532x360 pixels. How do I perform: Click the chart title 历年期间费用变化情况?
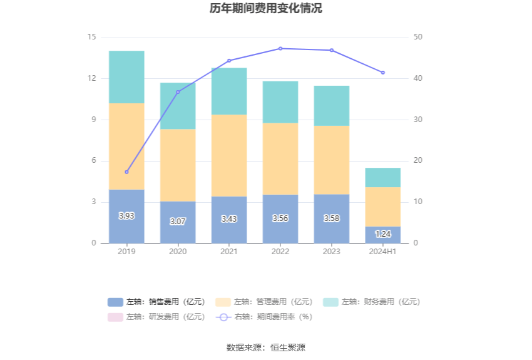[x=266, y=9]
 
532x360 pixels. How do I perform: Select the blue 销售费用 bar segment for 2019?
[x=126, y=216]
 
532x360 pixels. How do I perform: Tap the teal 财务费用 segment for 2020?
[x=178, y=106]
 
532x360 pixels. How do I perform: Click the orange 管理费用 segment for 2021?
[x=229, y=155]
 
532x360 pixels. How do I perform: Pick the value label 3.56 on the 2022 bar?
[x=280, y=219]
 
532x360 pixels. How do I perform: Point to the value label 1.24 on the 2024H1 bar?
[x=383, y=234]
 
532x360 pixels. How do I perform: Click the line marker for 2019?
[x=126, y=172]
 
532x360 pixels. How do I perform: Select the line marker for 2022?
[x=280, y=48]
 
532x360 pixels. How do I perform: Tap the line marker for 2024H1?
[x=383, y=73]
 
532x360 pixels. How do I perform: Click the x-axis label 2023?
[x=332, y=252]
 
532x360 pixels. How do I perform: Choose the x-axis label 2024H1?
[x=383, y=252]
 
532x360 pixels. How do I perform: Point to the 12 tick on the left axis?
[x=92, y=78]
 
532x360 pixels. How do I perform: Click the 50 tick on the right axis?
[x=418, y=38]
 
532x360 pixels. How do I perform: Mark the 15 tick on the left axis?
[x=92, y=38]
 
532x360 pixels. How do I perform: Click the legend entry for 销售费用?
[x=156, y=302]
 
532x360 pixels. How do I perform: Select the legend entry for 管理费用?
[x=264, y=302]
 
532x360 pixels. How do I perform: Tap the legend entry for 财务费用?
[x=372, y=302]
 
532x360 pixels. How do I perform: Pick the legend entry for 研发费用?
[x=156, y=317]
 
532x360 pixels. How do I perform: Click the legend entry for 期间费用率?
[x=264, y=317]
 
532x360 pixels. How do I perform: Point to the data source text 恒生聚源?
[x=288, y=347]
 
